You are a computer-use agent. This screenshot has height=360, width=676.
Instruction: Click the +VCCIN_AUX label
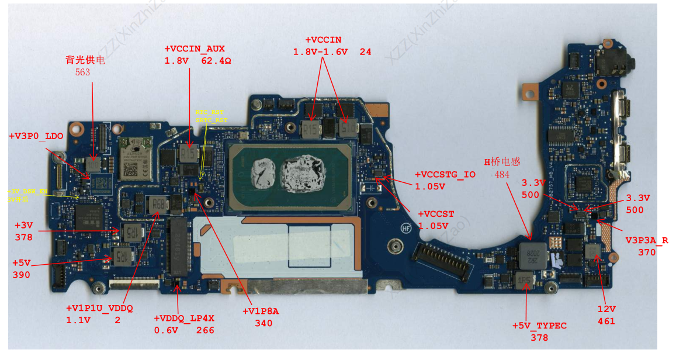click(x=195, y=49)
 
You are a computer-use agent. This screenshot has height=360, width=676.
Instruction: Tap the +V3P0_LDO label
click(x=36, y=136)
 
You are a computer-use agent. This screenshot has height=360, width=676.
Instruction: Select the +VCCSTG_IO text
click(x=445, y=175)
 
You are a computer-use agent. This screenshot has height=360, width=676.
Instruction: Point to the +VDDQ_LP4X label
click(x=184, y=319)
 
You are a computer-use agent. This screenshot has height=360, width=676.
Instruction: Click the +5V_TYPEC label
click(x=539, y=326)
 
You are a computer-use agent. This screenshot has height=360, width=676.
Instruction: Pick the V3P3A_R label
click(x=647, y=240)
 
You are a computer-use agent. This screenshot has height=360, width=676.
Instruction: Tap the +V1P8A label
click(x=261, y=311)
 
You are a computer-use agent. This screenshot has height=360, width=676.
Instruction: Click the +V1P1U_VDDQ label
click(x=99, y=309)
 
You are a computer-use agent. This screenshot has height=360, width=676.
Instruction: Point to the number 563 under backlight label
click(x=83, y=72)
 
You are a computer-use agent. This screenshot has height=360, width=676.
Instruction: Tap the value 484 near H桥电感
click(x=502, y=174)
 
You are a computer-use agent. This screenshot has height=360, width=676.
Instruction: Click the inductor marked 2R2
click(x=532, y=253)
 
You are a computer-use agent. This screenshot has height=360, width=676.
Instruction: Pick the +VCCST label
click(x=436, y=214)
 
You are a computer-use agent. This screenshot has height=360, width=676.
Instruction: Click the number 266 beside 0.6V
click(x=205, y=330)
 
